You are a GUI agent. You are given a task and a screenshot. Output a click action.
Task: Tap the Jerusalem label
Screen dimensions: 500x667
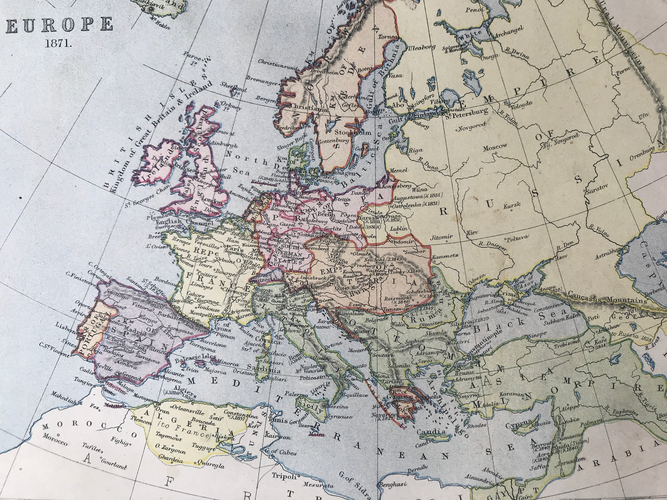point(571,461)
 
